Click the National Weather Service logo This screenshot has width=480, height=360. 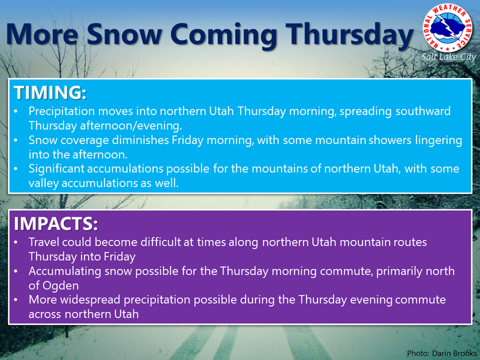tap(448, 28)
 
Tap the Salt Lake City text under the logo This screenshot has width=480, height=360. tap(449, 57)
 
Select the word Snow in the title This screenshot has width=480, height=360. tap(124, 34)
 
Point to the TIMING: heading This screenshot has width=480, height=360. tap(50, 92)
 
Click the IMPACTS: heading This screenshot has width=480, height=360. tap(56, 223)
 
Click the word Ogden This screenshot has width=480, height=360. tap(61, 286)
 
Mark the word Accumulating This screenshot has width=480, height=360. tap(65, 272)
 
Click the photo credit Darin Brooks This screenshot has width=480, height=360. tap(454, 353)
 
